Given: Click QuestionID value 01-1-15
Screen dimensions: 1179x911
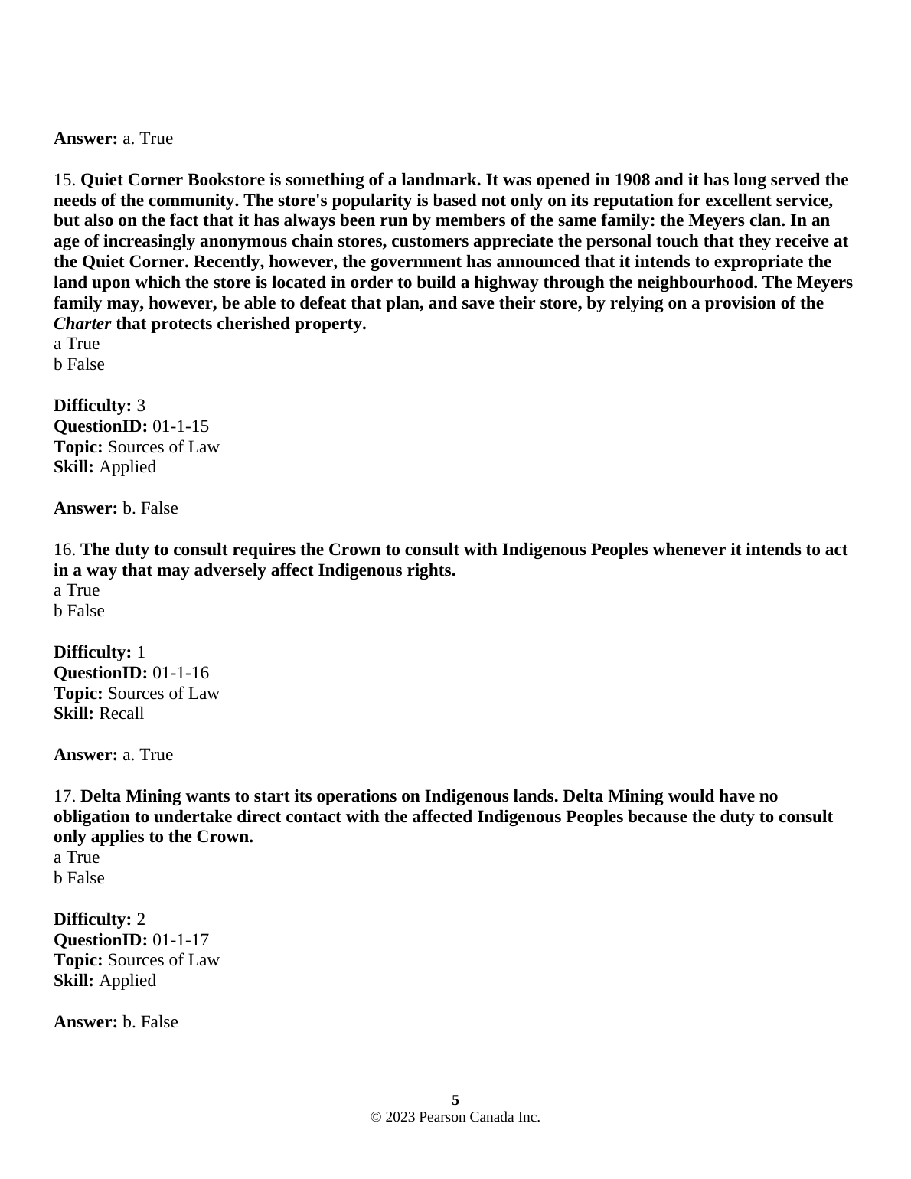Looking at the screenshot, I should (181, 426).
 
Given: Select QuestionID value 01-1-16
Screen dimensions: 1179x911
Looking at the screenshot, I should (181, 673).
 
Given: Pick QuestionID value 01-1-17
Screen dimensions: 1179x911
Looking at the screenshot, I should (181, 940).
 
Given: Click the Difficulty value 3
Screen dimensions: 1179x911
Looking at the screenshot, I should (141, 406).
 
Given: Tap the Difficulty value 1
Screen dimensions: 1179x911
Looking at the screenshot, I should (141, 652).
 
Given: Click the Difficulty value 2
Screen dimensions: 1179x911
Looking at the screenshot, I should (141, 919).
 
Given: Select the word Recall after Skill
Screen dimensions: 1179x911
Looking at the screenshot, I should (122, 714).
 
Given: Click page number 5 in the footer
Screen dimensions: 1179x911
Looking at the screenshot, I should (455, 1101).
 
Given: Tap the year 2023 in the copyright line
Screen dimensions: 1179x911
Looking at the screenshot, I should (400, 1118).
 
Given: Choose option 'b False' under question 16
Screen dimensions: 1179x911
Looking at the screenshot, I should (79, 611).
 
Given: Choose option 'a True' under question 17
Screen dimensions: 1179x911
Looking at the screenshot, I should (77, 857).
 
